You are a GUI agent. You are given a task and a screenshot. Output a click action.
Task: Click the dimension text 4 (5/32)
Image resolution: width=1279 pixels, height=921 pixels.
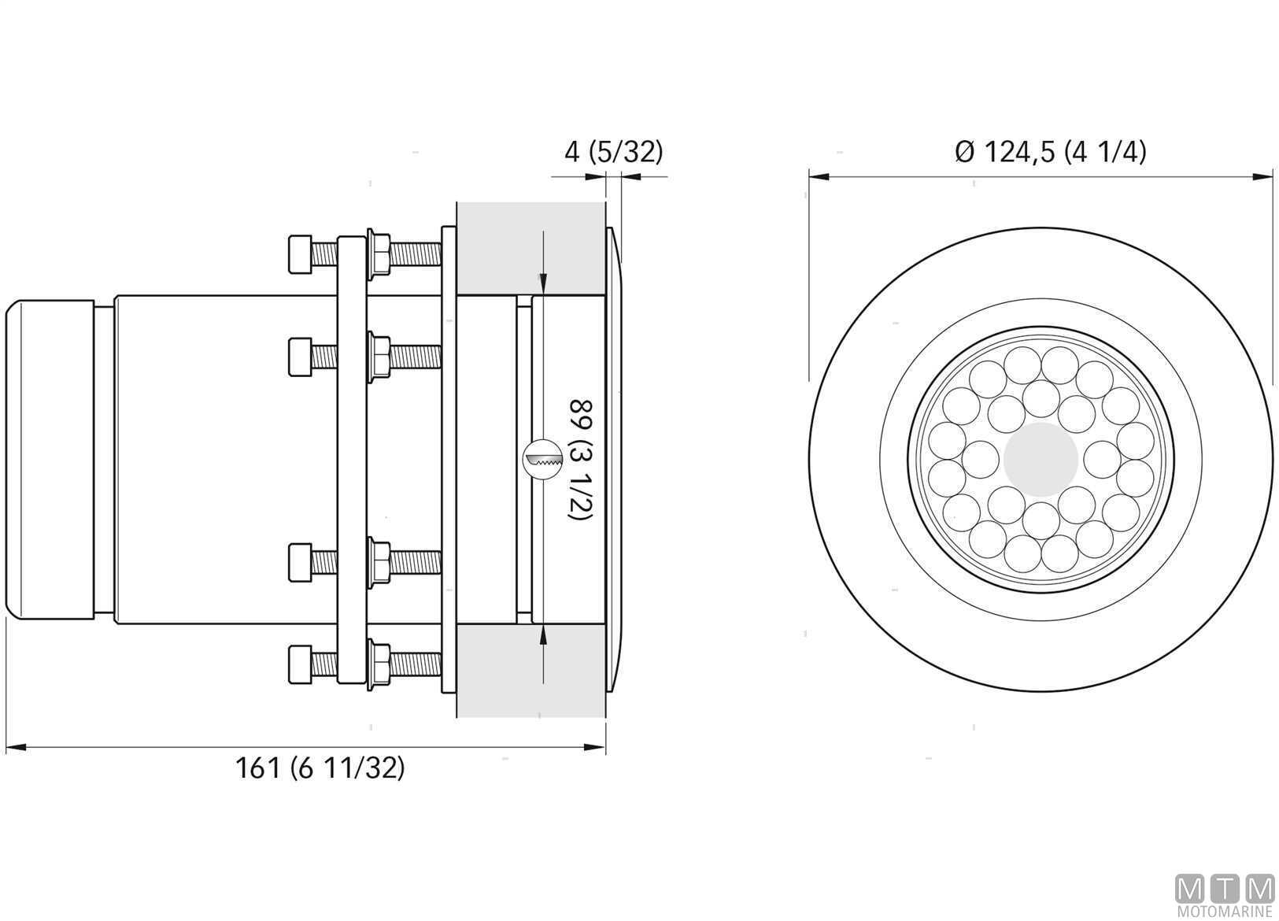pyautogui.click(x=614, y=153)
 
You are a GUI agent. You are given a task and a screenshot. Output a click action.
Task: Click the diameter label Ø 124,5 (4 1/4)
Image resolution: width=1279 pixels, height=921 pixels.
pyautogui.click(x=1051, y=153)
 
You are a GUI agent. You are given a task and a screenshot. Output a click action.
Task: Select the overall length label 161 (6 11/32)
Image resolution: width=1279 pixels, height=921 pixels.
pyautogui.click(x=320, y=768)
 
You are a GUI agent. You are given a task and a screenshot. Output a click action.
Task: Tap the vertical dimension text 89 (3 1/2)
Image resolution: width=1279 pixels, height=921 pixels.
pyautogui.click(x=581, y=460)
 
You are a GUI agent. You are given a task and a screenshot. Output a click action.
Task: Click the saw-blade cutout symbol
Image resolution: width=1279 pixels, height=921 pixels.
pyautogui.click(x=542, y=460)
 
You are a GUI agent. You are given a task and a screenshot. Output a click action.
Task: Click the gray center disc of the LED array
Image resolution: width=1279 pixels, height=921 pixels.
pyautogui.click(x=1041, y=460)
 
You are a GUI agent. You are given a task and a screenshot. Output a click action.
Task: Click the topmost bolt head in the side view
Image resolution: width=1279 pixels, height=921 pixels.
pyautogui.click(x=301, y=254)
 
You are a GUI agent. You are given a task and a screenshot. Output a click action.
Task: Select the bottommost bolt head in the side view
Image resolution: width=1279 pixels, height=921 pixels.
pyautogui.click(x=301, y=664)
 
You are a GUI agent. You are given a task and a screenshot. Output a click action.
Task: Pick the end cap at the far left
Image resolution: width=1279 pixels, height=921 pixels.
pyautogui.click(x=50, y=460)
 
